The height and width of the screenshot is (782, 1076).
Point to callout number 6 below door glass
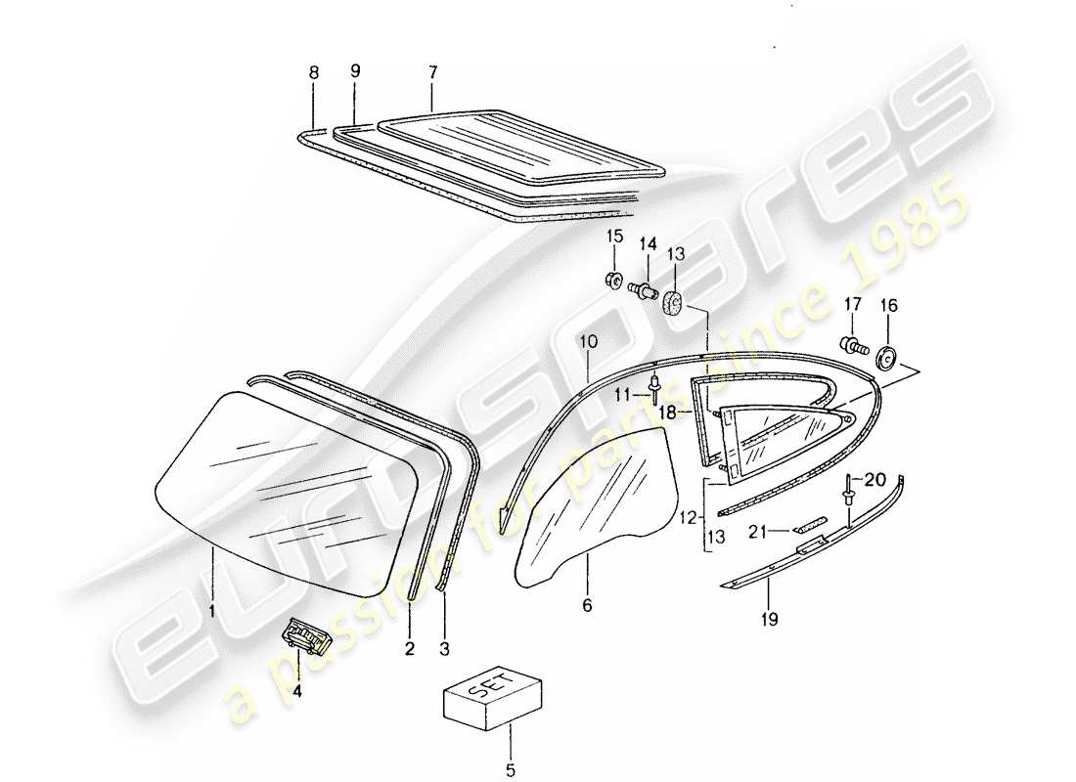point(587,606)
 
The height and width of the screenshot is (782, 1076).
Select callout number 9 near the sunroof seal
point(355,71)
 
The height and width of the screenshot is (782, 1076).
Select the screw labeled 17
point(851,345)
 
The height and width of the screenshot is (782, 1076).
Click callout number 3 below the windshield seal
point(445,647)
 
